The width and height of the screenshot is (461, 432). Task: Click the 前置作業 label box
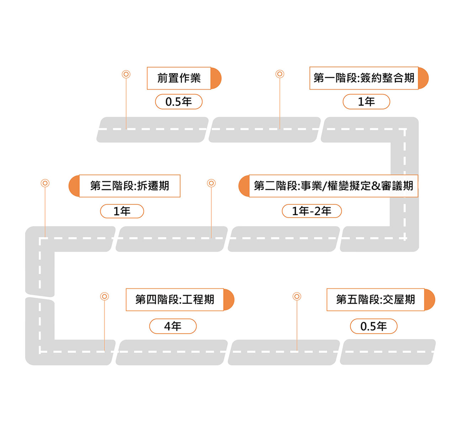point(179,78)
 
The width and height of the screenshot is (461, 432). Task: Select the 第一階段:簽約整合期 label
point(364,78)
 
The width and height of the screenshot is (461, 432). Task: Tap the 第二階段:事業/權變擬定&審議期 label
point(333,186)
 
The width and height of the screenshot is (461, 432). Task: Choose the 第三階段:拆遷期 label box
point(129,186)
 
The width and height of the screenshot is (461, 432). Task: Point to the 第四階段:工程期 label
point(175,299)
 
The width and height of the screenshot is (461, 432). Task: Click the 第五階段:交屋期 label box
point(375,299)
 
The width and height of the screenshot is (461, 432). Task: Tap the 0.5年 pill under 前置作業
point(179,101)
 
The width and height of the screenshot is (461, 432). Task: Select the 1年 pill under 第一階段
point(366,101)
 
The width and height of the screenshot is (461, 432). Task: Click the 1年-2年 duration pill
point(312,211)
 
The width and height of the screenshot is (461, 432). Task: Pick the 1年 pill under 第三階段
point(122,211)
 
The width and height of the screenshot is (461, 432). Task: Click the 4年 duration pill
point(173,326)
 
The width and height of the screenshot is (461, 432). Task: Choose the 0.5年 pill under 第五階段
point(373,326)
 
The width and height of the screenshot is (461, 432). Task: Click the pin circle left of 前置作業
point(126,74)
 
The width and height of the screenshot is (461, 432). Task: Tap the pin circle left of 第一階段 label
point(280,74)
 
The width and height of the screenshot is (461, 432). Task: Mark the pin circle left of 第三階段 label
point(45,183)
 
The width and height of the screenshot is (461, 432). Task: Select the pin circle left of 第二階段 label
point(211,183)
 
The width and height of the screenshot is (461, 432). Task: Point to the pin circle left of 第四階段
point(105,296)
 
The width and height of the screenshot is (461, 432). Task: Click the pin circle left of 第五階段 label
point(297,296)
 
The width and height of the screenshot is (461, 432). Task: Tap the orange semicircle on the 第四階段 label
point(229,300)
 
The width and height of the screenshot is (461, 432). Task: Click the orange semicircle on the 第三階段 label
point(74,186)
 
